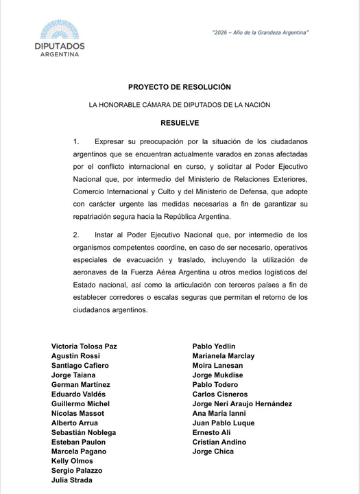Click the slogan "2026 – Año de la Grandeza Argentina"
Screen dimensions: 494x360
pyautogui.click(x=260, y=32)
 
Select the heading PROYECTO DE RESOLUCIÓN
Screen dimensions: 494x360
pyautogui.click(x=180, y=87)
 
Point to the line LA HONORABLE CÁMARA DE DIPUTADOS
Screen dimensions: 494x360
pyautogui.click(x=180, y=105)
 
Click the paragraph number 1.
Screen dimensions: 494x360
pyautogui.click(x=77, y=141)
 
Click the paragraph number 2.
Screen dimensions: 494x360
pyautogui.click(x=77, y=235)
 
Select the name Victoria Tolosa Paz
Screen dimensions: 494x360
pyautogui.click(x=84, y=346)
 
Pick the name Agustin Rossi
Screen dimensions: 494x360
pyautogui.click(x=75, y=356)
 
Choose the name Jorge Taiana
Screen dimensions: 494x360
pyautogui.click(x=73, y=375)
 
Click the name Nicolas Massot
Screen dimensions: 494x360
pyautogui.click(x=78, y=414)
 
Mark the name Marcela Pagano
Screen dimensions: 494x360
pyautogui.click(x=79, y=452)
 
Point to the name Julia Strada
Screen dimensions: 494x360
pyautogui.click(x=72, y=481)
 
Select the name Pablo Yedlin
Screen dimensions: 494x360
pyautogui.click(x=214, y=346)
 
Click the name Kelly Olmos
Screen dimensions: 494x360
pyautogui.click(x=73, y=462)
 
